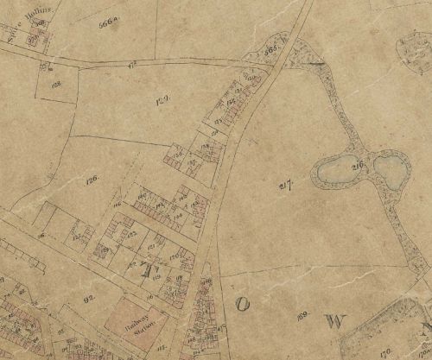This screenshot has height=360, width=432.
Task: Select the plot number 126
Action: (93, 177)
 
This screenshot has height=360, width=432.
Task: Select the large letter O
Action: (243, 303)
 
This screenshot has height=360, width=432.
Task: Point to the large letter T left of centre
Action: (143, 270)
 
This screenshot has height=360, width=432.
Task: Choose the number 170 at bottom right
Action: (386, 351)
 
